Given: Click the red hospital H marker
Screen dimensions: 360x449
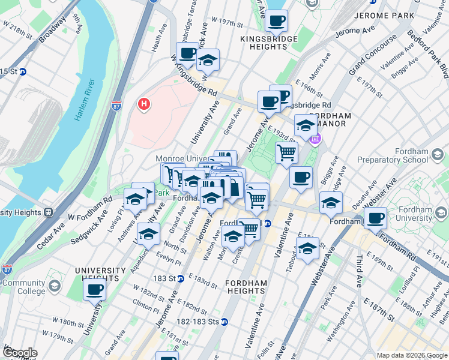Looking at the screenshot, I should point(143,104).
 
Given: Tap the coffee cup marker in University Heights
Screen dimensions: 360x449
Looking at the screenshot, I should point(94,291).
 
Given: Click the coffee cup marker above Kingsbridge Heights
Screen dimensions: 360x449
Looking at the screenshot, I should point(276,21).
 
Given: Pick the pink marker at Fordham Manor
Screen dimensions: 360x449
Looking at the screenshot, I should point(315,139).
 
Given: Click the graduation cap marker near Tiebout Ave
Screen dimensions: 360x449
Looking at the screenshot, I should point(307,248).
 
